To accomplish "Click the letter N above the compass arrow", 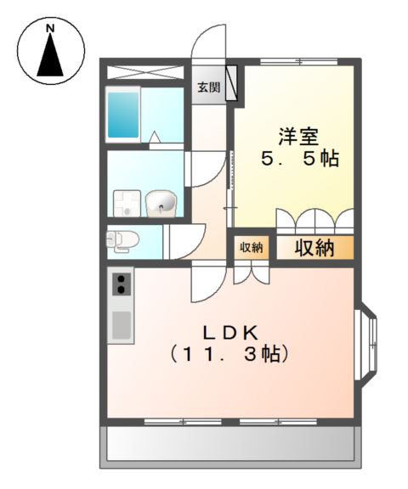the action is (50, 29).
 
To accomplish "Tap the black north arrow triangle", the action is (50, 55).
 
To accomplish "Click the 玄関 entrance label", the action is (208, 87).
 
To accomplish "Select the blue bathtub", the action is (123, 115).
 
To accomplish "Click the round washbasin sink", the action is (161, 204).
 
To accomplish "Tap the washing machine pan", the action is (127, 204).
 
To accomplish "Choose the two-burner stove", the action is (121, 284).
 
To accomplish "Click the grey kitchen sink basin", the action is (121, 325).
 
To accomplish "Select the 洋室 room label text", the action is (298, 137).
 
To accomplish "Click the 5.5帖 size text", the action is (300, 159).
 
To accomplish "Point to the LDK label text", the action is (230, 333).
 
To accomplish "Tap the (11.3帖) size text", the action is (229, 355).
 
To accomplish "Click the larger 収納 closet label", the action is (314, 248).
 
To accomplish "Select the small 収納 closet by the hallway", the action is (252, 248).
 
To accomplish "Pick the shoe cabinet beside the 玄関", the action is (231, 82).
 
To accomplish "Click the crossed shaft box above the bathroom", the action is (146, 72).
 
